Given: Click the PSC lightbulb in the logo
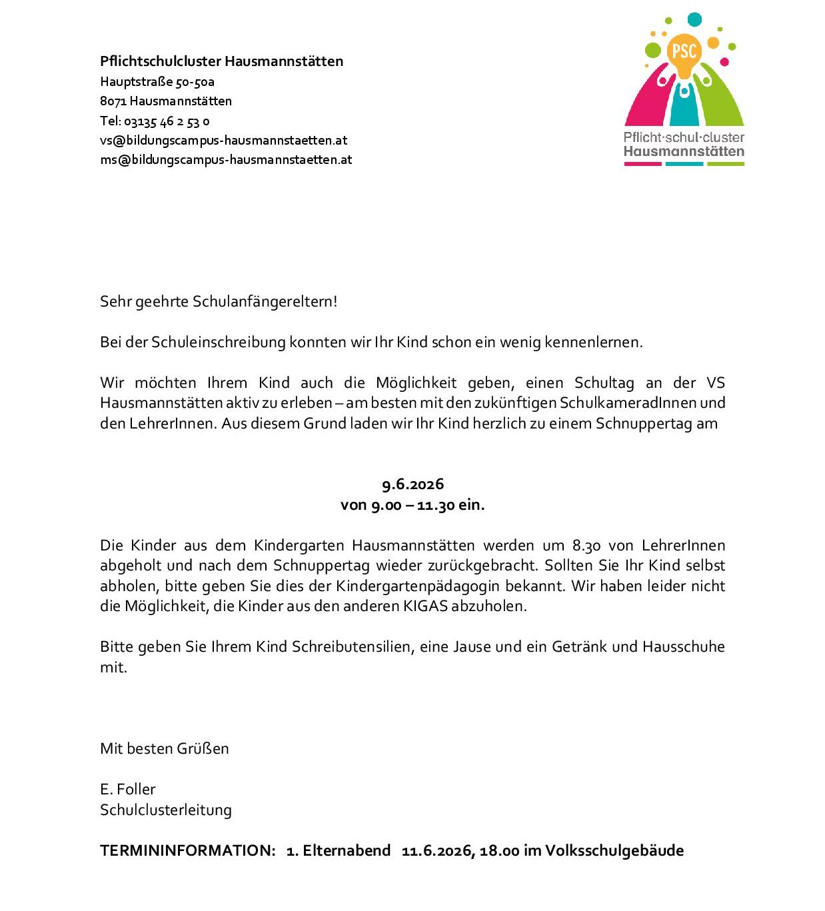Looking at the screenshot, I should point(684,53).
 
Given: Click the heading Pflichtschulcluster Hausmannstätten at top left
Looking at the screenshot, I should point(221,61).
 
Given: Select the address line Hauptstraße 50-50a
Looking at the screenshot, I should point(157,82).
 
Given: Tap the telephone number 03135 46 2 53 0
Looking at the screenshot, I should point(167,121).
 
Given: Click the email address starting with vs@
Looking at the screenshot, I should point(223,141).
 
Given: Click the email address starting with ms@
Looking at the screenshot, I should point(226,160).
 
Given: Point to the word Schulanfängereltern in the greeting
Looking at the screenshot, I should point(265,301).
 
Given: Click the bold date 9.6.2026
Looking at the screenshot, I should point(412,484).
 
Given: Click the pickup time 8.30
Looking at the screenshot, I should point(586,546).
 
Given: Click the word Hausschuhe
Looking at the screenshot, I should point(683,647).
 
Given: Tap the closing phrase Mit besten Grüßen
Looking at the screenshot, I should point(165,748).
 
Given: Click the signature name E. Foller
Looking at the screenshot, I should point(128,790).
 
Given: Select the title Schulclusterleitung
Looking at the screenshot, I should point(166,810).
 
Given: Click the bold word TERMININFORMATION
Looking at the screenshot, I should point(187,851).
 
